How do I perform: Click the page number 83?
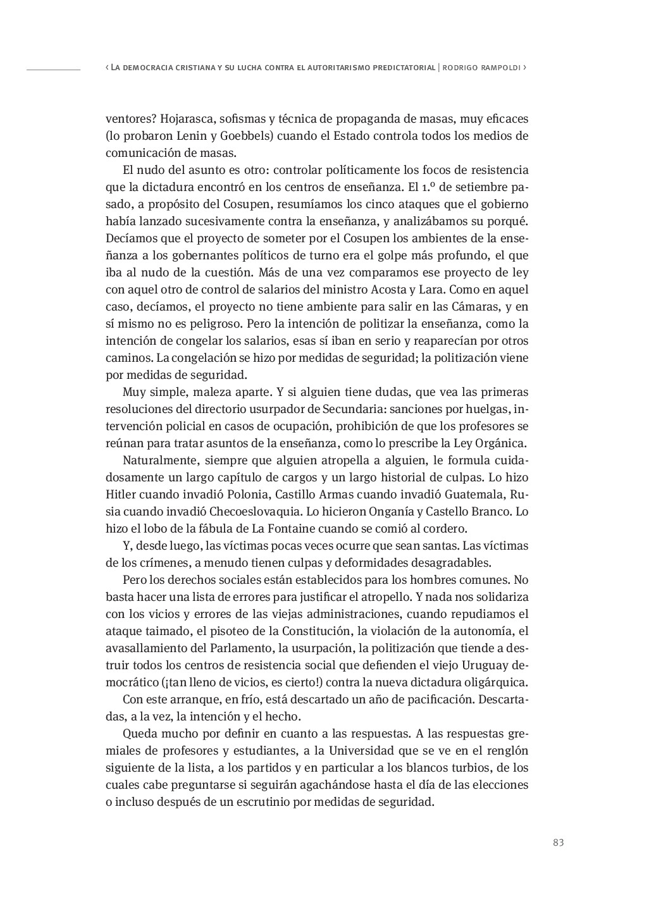click(558, 843)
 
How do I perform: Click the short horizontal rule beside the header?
click(53, 68)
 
